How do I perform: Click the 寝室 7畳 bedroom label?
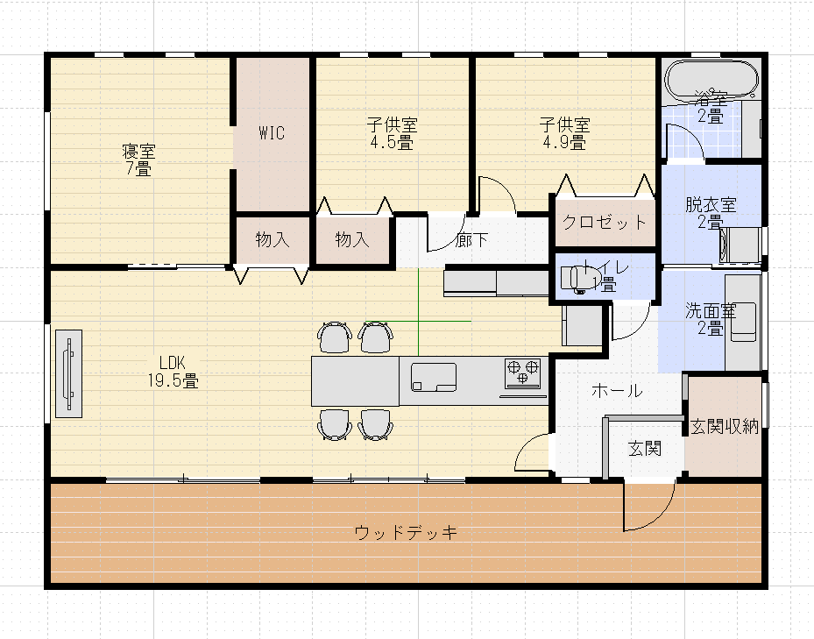tap(138, 160)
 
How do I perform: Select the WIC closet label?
tap(271, 133)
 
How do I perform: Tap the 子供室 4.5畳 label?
tap(392, 133)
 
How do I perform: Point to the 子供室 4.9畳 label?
tap(564, 133)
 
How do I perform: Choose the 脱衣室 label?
tap(711, 213)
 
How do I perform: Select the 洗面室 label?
tap(710, 319)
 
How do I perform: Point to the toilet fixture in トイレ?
tap(574, 277)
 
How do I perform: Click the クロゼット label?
tap(605, 222)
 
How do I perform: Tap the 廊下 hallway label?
tap(472, 240)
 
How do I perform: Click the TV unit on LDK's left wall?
tap(68, 373)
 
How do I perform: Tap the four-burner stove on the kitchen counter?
tap(521, 373)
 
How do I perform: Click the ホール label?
tap(617, 390)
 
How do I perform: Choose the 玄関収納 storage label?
tap(724, 427)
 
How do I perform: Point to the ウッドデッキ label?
tap(407, 532)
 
